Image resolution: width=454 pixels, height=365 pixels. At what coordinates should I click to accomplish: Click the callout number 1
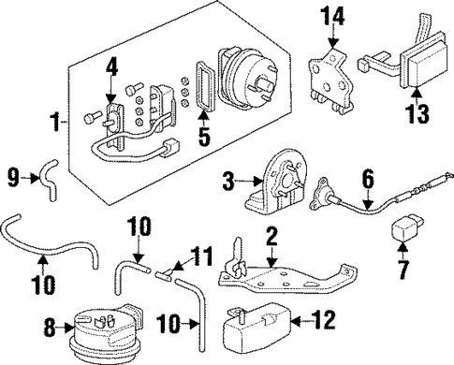pos(53,122)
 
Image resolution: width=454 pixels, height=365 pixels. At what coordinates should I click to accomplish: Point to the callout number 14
pos(333,15)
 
